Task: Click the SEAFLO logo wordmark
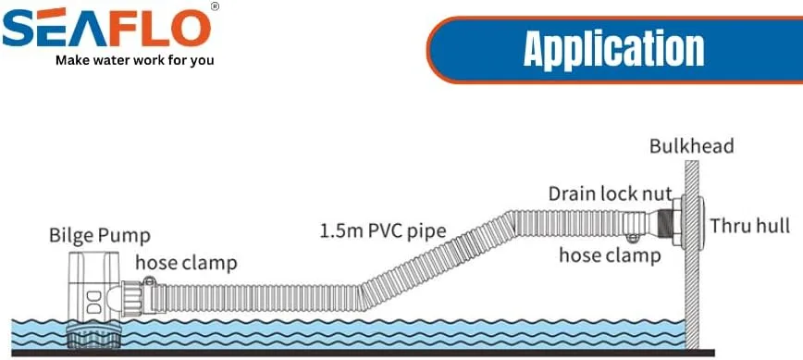tap(106, 27)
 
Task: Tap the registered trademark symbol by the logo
tap(215, 6)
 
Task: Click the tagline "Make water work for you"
tap(135, 60)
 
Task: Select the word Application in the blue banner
tap(613, 50)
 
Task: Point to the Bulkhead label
tap(691, 146)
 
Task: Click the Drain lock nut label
tap(610, 194)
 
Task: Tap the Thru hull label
tap(749, 225)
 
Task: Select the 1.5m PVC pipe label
tap(383, 231)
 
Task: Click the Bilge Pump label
tap(100, 236)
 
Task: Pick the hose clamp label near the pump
tap(187, 263)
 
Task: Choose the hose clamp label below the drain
tap(610, 254)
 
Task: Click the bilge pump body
tap(93, 287)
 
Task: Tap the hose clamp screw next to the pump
tap(150, 280)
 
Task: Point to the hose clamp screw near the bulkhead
tap(634, 238)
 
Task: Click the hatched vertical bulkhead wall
tap(692, 254)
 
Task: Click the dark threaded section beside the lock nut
tap(664, 223)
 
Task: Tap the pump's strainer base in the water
tap(93, 335)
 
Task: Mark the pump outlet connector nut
tap(131, 299)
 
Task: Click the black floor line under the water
tap(363, 353)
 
